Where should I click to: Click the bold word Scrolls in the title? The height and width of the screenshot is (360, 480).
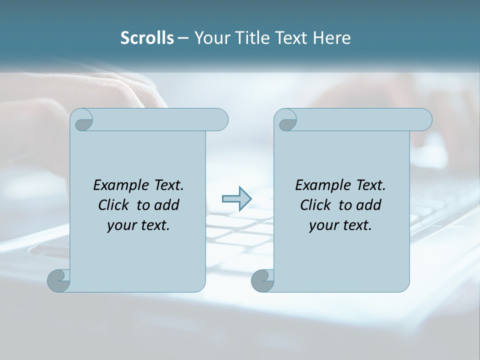[x=147, y=38]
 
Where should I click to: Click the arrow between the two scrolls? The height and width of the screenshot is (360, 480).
[x=236, y=199]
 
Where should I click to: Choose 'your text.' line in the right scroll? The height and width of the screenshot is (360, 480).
[x=340, y=225]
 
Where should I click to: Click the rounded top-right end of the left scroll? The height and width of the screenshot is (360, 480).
[x=220, y=119]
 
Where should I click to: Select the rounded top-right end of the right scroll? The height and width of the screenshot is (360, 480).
[x=424, y=119]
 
